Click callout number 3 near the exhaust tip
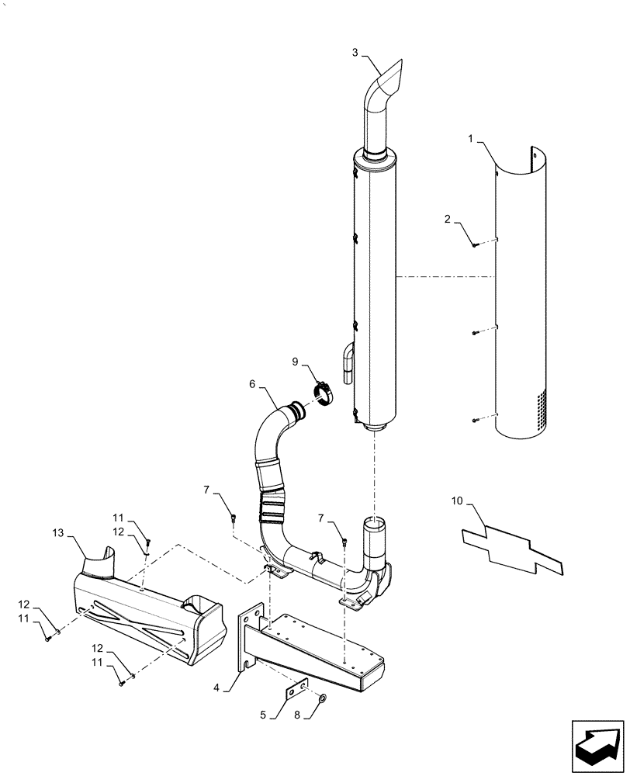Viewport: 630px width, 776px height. coord(355,53)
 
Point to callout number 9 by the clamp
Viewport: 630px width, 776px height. coord(296,362)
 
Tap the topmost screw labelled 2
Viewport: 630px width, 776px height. coord(475,244)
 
